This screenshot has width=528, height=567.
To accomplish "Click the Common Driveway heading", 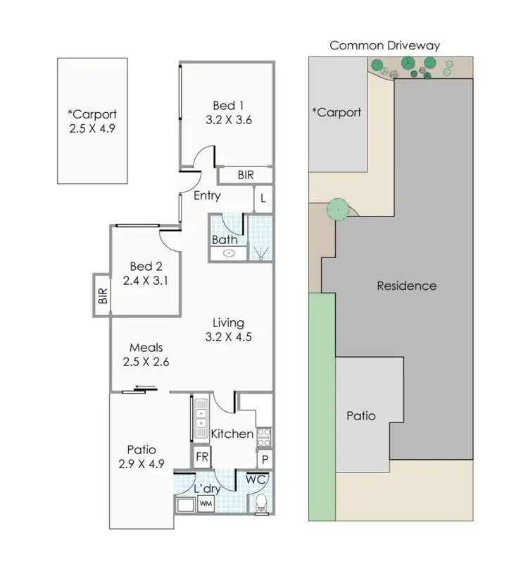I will pos(385,46).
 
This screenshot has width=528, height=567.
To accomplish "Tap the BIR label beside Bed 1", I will pos(246,174).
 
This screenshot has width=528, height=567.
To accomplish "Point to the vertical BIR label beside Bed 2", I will pos(103,295).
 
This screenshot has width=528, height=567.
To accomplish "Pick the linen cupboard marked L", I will pos(263,199).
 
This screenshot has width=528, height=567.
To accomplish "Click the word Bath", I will pos(224,240).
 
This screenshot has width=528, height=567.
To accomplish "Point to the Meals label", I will pos(146,348).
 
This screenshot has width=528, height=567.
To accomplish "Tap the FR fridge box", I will pos(202,457).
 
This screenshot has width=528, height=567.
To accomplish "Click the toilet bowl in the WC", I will pos(260,502).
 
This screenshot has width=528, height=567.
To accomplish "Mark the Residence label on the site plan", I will pos(406,286).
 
